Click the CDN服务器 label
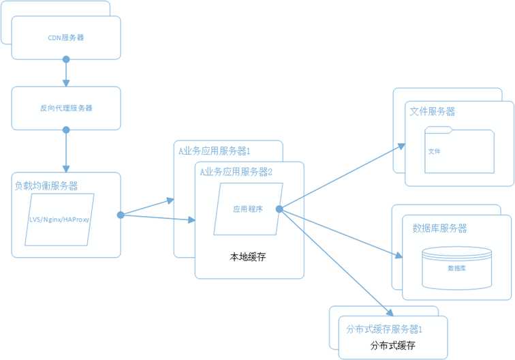[66, 38]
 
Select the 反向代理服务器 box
[66, 108]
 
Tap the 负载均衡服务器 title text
[46, 185]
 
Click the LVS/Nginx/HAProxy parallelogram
[60, 220]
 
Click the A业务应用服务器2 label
[236, 172]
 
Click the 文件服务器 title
[433, 111]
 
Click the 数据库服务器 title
[435, 228]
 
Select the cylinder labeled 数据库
[456, 267]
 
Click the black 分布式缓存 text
[393, 346]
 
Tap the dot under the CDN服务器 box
[66, 59]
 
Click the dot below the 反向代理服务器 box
[66, 129]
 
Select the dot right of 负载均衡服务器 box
[121, 215]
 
